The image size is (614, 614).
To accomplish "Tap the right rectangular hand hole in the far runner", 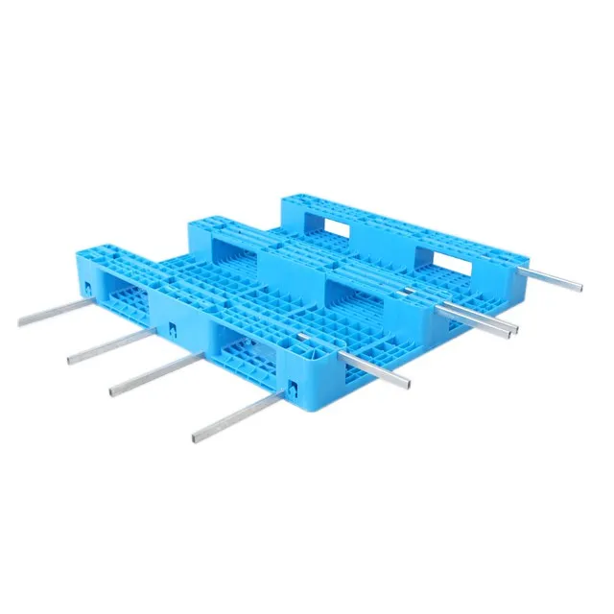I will [x=439, y=257].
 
